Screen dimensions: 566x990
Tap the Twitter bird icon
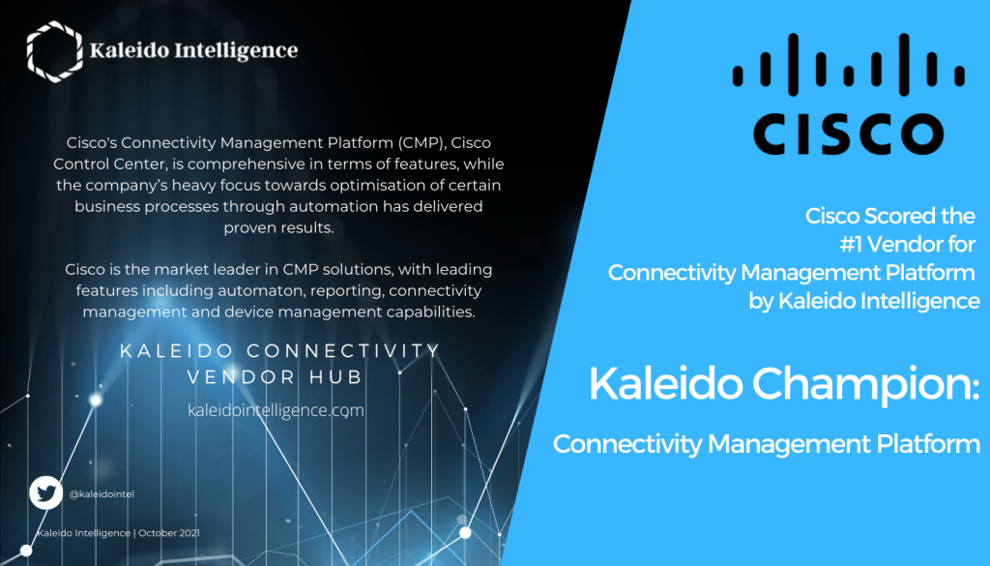44,492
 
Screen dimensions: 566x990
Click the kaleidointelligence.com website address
276,410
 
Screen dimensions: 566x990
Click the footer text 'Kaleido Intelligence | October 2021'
119,533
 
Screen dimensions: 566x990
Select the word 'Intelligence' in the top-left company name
232,50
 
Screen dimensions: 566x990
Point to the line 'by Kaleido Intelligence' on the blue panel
864,301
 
